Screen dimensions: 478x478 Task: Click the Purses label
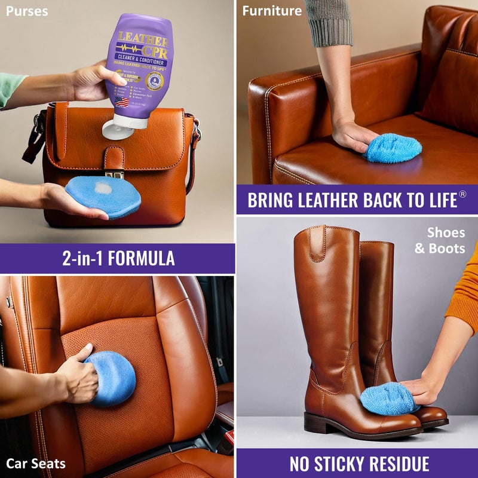[27, 11]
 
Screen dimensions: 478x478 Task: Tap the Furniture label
[272, 11]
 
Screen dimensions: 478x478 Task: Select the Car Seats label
[36, 463]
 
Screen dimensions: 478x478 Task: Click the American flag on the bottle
[122, 101]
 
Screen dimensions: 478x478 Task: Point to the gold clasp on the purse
[116, 174]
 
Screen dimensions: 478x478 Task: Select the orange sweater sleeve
[464, 293]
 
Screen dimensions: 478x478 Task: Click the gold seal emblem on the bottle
[154, 81]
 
